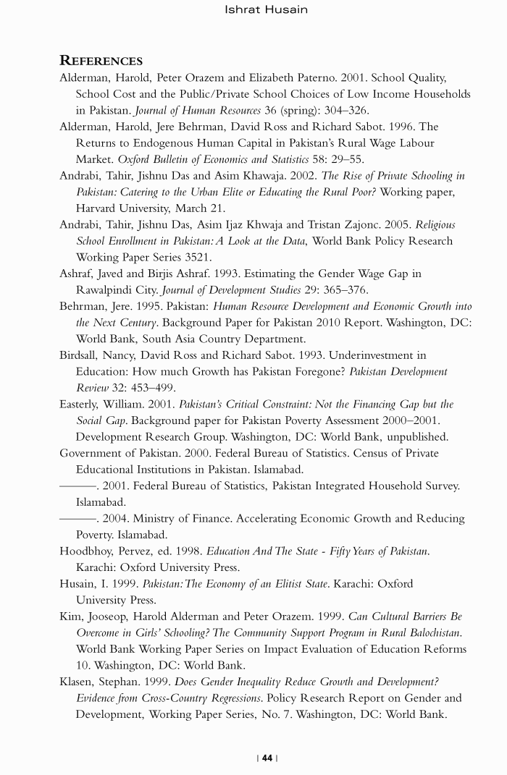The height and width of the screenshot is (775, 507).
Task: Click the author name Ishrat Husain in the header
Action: tap(266, 9)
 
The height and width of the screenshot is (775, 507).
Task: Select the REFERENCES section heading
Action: tap(101, 61)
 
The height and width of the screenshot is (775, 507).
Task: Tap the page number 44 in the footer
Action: tap(267, 758)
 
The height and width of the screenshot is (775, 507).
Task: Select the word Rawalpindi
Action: tap(105, 290)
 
